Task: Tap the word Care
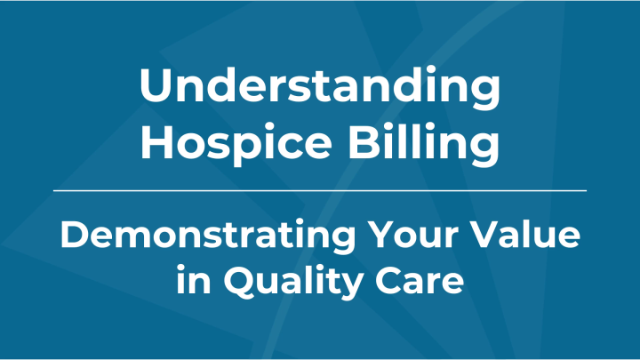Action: tap(423, 280)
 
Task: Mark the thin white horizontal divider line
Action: tap(320, 190)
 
